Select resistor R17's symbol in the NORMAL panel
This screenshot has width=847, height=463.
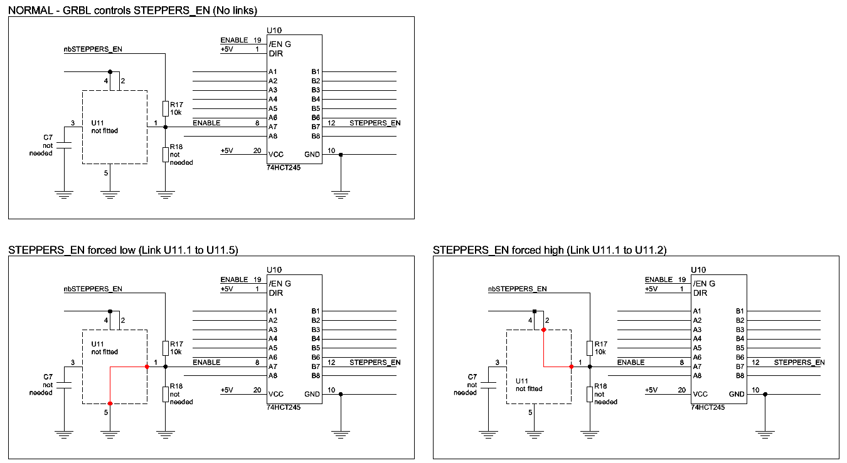click(x=165, y=108)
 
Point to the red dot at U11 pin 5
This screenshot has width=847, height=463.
click(x=110, y=403)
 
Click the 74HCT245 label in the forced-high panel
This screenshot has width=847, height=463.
click(x=708, y=407)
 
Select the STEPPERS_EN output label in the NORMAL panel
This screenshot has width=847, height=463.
click(x=375, y=123)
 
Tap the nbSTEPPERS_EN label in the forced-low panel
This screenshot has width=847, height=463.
click(x=93, y=289)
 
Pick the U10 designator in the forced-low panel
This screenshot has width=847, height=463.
click(x=274, y=270)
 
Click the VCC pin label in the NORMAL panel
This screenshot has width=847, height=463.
click(x=275, y=155)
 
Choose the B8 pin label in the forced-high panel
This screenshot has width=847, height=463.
click(x=740, y=376)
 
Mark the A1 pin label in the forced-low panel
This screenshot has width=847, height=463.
click(x=273, y=311)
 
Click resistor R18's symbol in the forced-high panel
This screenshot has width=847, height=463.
click(x=589, y=394)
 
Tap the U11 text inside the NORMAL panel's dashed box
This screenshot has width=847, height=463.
click(x=97, y=123)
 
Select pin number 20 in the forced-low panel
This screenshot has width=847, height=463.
click(x=257, y=390)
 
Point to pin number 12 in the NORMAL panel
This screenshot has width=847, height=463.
click(x=331, y=123)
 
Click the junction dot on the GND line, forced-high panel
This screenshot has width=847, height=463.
click(x=765, y=394)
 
